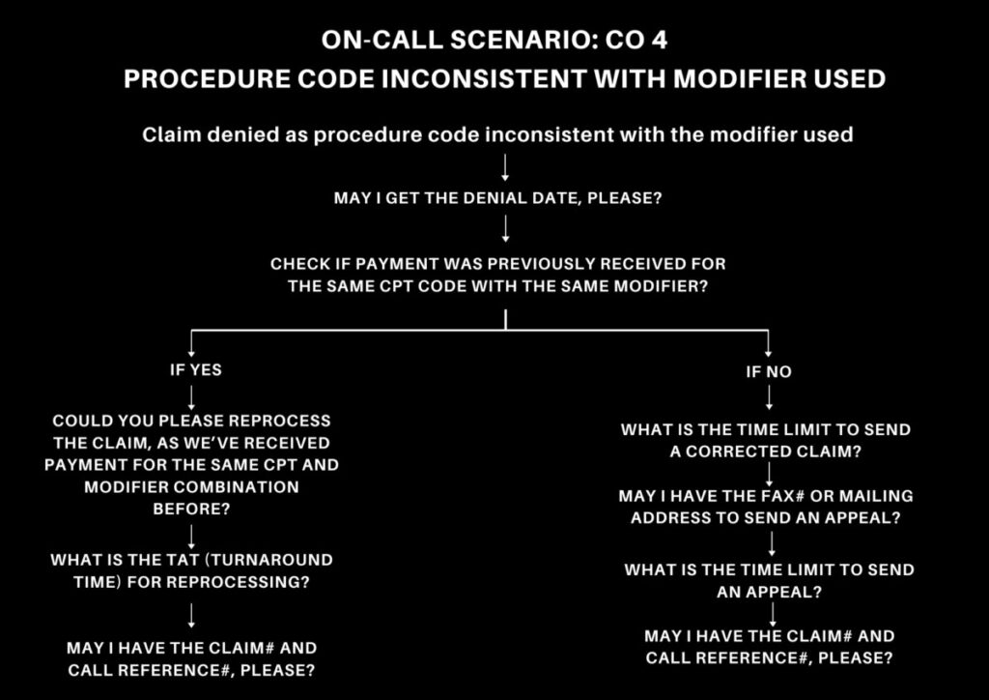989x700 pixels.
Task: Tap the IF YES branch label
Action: [195, 369]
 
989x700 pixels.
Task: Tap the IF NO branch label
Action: [768, 371]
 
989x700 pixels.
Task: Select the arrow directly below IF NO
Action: [769, 398]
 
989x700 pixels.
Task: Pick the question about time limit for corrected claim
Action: [766, 439]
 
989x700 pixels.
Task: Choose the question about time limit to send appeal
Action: [769, 579]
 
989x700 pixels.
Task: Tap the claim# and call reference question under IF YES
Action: [191, 657]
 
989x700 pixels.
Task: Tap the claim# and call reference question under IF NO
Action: [769, 646]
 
